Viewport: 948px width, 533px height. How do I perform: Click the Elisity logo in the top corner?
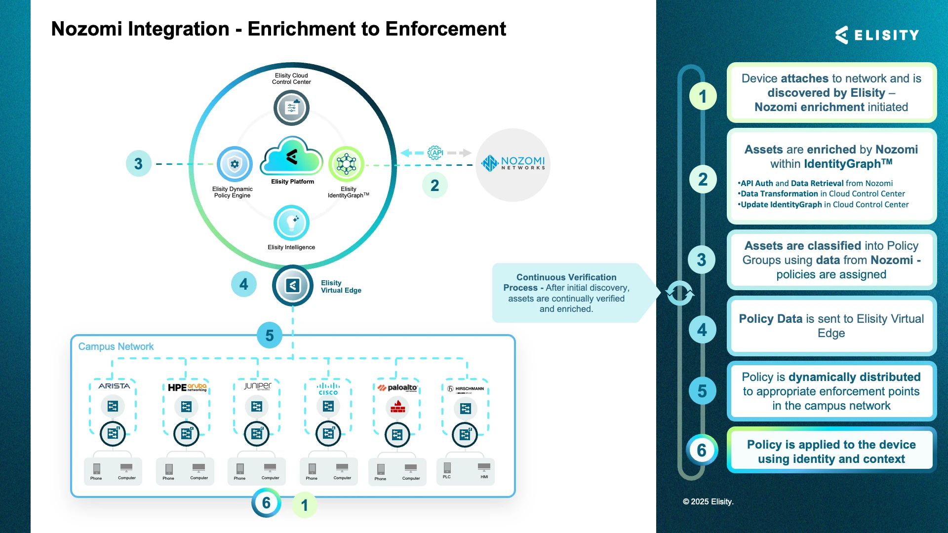[x=876, y=35]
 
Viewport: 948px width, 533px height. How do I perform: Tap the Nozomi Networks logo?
[x=513, y=164]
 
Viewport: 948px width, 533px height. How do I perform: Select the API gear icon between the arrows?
[x=435, y=152]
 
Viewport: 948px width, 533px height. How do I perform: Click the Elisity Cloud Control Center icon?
[x=291, y=108]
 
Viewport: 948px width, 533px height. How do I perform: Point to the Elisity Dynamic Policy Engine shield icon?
[x=235, y=164]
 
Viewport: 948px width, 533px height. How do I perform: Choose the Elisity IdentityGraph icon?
[x=346, y=164]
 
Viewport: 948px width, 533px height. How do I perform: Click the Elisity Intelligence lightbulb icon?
[x=291, y=223]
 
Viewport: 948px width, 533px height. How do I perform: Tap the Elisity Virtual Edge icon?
[x=292, y=285]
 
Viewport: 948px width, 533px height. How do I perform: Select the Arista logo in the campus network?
[x=114, y=386]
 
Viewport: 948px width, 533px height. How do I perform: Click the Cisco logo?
[x=328, y=389]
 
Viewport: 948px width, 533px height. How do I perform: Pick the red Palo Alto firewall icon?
[x=397, y=407]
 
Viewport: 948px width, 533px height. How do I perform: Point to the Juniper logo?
[x=257, y=386]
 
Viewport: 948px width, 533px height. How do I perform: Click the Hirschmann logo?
[x=466, y=389]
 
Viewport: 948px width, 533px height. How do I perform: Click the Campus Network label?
[x=116, y=346]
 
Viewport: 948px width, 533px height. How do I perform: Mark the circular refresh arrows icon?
[x=680, y=293]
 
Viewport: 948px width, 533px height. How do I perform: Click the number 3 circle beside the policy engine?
[x=139, y=164]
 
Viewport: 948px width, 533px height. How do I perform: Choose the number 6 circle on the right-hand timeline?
[x=702, y=450]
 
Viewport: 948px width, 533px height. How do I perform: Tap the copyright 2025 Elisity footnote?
[x=708, y=501]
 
